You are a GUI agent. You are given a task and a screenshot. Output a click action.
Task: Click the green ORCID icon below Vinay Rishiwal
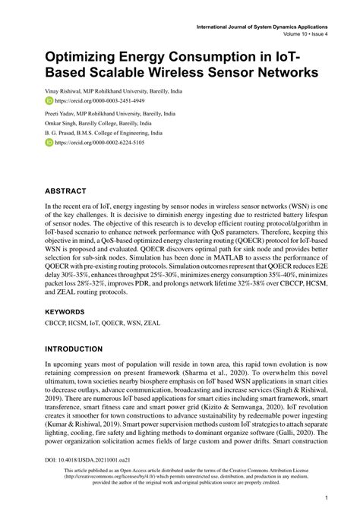pyautogui.click(x=49, y=99)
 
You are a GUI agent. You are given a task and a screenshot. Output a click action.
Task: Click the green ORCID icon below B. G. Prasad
pyautogui.click(x=49, y=142)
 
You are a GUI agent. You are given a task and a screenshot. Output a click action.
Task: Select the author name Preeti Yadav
pyautogui.click(x=60, y=112)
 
